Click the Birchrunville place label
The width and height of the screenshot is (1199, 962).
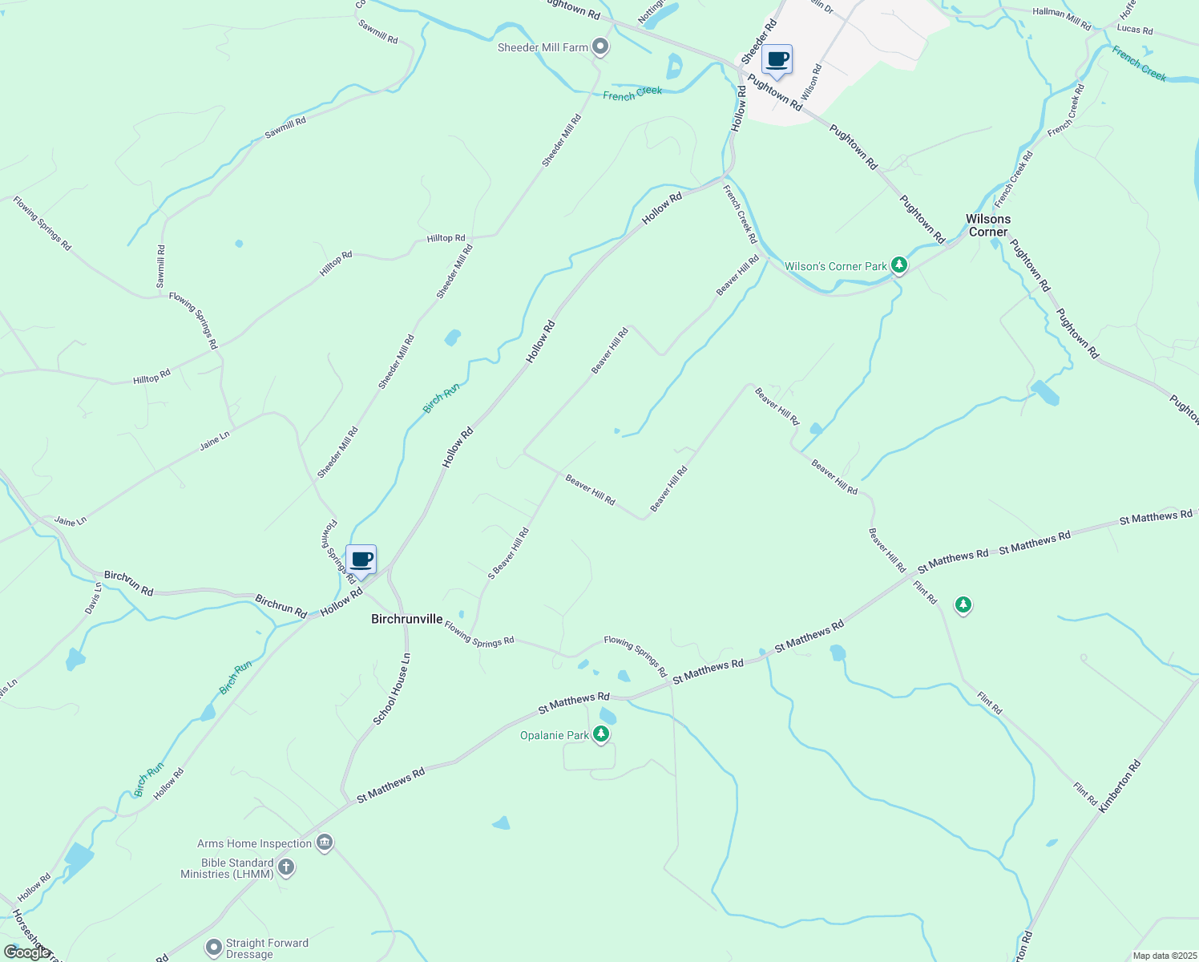click(x=406, y=619)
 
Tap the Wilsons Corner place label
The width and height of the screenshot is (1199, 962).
click(x=987, y=225)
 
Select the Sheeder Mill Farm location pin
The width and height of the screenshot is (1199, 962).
click(x=600, y=47)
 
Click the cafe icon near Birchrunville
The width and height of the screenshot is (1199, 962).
click(x=361, y=560)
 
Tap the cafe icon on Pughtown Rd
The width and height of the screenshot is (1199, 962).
click(x=777, y=59)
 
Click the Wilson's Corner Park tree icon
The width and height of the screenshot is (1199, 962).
click(x=899, y=265)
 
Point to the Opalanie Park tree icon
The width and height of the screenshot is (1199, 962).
click(x=600, y=734)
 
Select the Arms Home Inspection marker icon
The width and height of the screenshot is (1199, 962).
click(x=325, y=843)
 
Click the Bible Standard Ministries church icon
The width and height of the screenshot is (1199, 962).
click(x=286, y=867)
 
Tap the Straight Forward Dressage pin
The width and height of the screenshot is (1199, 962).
click(x=213, y=948)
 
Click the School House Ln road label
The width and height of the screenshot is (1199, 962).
click(x=392, y=689)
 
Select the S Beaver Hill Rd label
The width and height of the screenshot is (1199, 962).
click(x=509, y=553)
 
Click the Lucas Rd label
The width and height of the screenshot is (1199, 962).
click(x=1135, y=30)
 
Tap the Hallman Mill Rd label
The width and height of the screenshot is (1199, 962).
click(x=1062, y=18)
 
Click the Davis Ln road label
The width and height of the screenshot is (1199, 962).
click(x=94, y=598)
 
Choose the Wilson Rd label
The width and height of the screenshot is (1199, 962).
click(x=811, y=82)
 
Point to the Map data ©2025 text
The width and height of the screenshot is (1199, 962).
click(x=1164, y=956)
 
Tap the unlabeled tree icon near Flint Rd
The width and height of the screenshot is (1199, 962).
click(x=963, y=605)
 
